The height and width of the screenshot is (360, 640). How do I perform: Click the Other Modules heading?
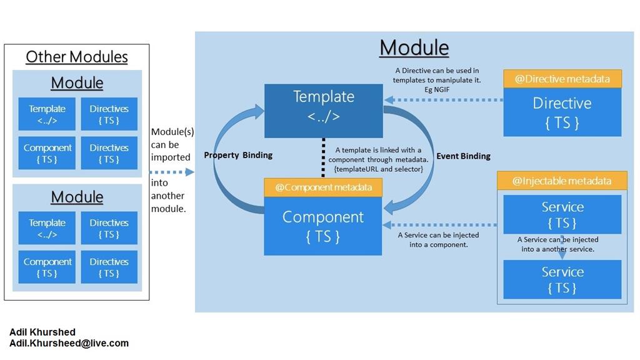pyautogui.click(x=77, y=57)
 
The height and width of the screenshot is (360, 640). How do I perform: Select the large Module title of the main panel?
pyautogui.click(x=414, y=47)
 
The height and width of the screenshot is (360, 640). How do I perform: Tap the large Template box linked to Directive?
pyautogui.click(x=323, y=110)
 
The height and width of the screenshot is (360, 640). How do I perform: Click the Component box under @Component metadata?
pyautogui.click(x=322, y=226)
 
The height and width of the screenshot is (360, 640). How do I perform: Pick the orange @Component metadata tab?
pyautogui.click(x=322, y=187)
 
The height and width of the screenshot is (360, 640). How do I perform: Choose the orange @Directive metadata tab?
pyautogui.click(x=562, y=79)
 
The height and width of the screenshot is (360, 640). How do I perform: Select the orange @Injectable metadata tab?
pyautogui.click(x=562, y=181)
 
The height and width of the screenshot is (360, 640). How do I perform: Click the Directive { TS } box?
pyautogui.click(x=562, y=112)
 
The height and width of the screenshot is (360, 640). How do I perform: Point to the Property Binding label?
pyautogui.click(x=238, y=155)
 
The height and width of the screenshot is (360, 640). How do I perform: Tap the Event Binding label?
pyautogui.click(x=463, y=156)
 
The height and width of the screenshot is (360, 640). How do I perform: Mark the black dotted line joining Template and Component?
pyautogui.click(x=323, y=157)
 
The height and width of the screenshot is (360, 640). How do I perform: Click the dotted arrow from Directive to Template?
pyautogui.click(x=444, y=99)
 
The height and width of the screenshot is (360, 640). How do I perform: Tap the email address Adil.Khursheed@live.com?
pyautogui.click(x=69, y=343)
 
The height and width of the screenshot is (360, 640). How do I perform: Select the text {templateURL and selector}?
pyautogui.click(x=378, y=169)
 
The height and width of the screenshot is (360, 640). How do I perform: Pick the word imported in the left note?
pyautogui.click(x=171, y=157)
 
